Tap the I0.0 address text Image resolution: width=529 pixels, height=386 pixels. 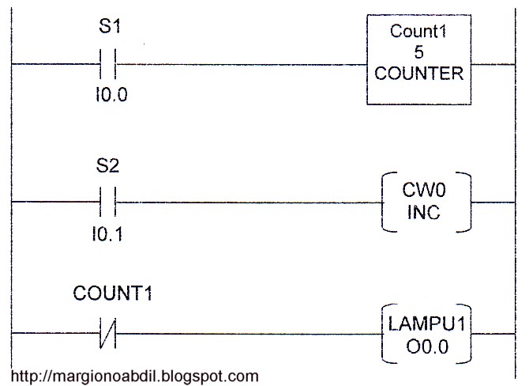coord(110,96)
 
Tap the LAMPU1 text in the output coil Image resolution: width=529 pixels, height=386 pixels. coord(424,324)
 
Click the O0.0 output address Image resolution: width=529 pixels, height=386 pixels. coord(424,346)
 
